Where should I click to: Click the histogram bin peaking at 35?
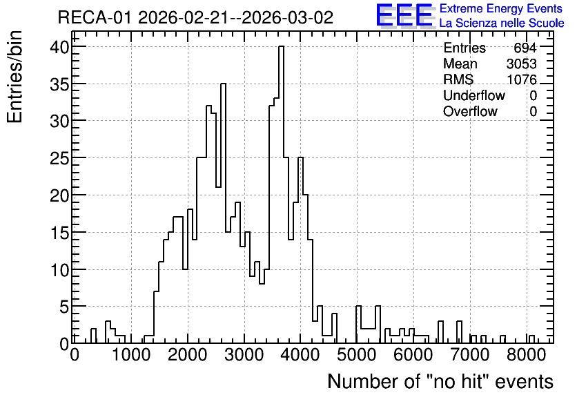223,213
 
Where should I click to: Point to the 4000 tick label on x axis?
300,356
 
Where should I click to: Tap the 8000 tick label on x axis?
526,356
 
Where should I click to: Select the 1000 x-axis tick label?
131,356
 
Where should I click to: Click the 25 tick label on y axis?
59,158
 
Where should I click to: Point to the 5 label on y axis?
64,307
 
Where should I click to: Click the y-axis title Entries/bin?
14,77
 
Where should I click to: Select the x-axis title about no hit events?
440,381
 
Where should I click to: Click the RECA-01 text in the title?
94,17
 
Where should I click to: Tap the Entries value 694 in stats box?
525,48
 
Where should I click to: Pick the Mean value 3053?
521,64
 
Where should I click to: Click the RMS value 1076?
521,79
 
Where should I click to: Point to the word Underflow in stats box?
474,95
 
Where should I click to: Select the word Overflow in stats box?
470,111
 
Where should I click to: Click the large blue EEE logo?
404,15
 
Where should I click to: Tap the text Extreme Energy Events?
501,8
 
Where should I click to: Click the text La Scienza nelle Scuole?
502,23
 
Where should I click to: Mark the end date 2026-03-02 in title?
287,17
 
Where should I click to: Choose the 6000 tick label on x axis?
413,356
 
